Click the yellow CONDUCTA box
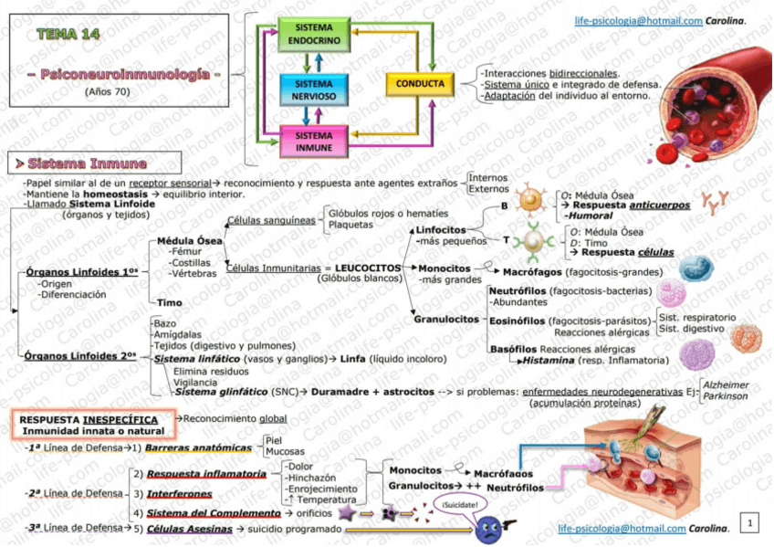click(420, 84)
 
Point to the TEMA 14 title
click(69, 34)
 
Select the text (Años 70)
click(107, 91)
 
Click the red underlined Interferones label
click(182, 493)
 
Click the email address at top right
click(637, 21)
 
